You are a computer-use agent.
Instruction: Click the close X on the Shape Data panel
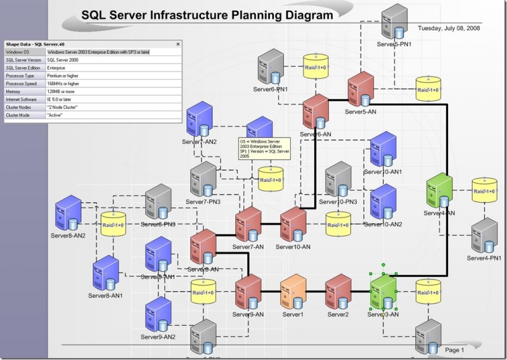click(x=177, y=44)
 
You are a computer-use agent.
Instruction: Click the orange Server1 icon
click(x=293, y=292)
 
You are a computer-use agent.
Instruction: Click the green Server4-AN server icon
click(x=439, y=191)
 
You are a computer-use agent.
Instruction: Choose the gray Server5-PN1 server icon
click(x=395, y=21)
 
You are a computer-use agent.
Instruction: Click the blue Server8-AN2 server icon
click(x=68, y=212)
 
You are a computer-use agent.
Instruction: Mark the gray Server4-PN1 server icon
click(x=485, y=235)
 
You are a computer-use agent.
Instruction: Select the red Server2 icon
click(x=338, y=292)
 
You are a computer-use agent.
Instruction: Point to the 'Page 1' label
click(x=454, y=350)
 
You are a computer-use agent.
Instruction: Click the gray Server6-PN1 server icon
click(x=269, y=68)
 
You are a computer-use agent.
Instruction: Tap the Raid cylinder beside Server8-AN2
click(x=113, y=225)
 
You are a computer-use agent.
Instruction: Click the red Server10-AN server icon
click(x=293, y=224)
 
